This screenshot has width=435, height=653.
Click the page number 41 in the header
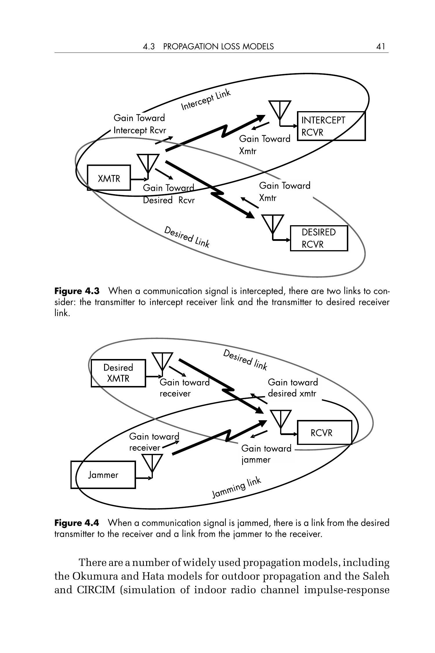380,46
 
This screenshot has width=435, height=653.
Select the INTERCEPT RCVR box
331,126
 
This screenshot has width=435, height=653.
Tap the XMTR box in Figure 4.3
109,178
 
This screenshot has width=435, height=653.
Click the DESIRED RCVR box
319,238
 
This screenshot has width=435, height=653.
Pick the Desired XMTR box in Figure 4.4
118,373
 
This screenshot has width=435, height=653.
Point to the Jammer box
103,475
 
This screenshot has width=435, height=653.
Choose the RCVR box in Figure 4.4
325,433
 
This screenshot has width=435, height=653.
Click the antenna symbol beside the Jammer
152,464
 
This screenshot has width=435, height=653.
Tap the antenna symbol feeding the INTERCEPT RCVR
280,110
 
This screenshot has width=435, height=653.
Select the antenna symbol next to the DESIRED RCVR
272,224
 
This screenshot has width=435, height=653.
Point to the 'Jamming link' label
237,488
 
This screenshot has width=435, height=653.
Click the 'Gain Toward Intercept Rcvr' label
139,124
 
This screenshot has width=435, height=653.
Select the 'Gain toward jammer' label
266,454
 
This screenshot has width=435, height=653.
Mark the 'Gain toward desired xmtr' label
293,388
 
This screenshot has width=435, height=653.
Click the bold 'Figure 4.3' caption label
77,291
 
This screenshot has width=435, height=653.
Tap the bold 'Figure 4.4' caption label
77,523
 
